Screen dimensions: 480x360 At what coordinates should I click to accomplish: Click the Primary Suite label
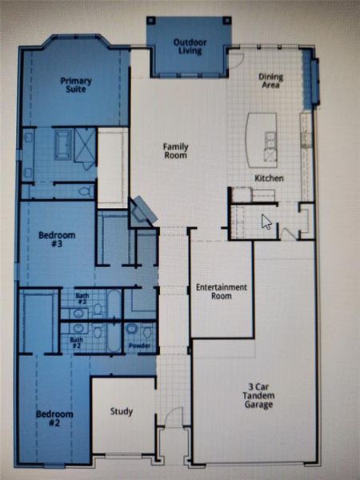76,85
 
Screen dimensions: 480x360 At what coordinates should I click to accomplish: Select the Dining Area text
270,81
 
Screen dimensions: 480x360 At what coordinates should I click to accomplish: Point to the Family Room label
174,150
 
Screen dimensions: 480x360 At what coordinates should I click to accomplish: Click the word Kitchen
269,178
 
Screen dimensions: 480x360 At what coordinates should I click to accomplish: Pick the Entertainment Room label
221,291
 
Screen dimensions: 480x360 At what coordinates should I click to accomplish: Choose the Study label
122,412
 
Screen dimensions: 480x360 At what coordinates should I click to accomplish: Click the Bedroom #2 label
54,418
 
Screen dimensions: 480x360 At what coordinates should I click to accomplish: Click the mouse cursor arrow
266,222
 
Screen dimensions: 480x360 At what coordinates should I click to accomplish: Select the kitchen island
262,134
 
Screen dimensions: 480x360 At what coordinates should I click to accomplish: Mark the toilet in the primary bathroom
86,190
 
